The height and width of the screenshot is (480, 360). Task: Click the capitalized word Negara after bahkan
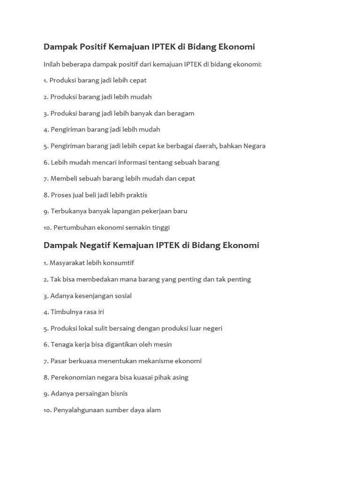(254, 146)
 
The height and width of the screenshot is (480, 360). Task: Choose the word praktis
(136, 195)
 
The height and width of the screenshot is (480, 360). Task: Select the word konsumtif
(119, 263)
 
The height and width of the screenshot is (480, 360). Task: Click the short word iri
(101, 312)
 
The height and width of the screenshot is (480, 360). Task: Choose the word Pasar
(59, 361)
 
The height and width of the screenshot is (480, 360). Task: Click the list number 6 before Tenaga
(45, 345)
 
